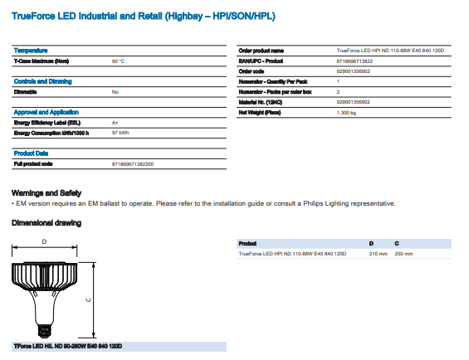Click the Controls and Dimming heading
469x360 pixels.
(43, 81)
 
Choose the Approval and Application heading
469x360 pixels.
(46, 111)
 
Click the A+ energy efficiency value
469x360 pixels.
(115, 122)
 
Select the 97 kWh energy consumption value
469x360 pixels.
(120, 133)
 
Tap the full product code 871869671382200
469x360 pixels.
(132, 164)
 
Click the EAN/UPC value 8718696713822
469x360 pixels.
(355, 61)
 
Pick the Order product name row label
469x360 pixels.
(261, 51)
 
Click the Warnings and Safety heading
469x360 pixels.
(46, 192)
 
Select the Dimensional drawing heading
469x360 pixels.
(46, 223)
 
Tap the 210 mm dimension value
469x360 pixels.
(379, 253)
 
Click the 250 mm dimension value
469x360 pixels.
(403, 253)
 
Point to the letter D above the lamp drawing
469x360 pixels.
(44, 241)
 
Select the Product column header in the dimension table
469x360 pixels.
(247, 243)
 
